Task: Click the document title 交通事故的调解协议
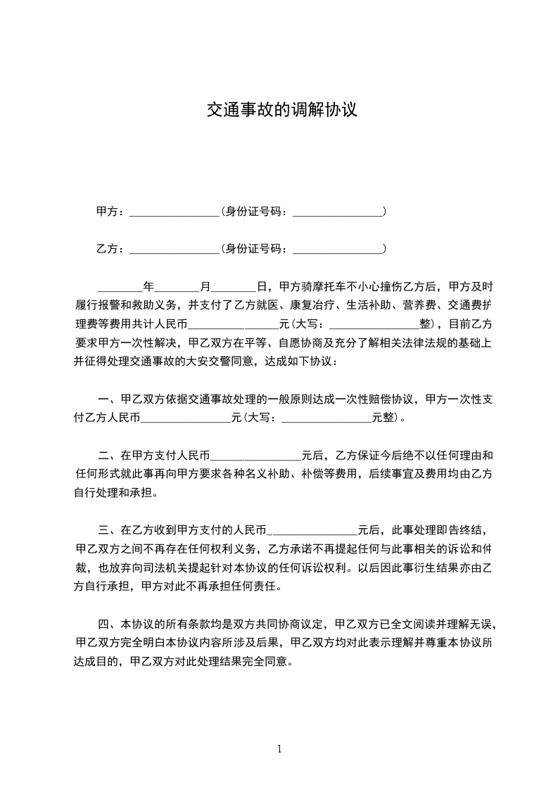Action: pyautogui.click(x=281, y=110)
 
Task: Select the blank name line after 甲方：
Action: pyautogui.click(x=175, y=213)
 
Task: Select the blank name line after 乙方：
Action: pyautogui.click(x=175, y=250)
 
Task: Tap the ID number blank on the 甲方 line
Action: pyautogui.click(x=337, y=213)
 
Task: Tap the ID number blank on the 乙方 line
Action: pyautogui.click(x=337, y=250)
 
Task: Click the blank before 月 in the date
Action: pyautogui.click(x=177, y=288)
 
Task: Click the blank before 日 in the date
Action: pyautogui.click(x=234, y=288)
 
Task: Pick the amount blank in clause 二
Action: pyautogui.click(x=256, y=456)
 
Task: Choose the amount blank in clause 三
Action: pyautogui.click(x=314, y=531)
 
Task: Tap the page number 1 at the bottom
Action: pyautogui.click(x=279, y=749)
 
